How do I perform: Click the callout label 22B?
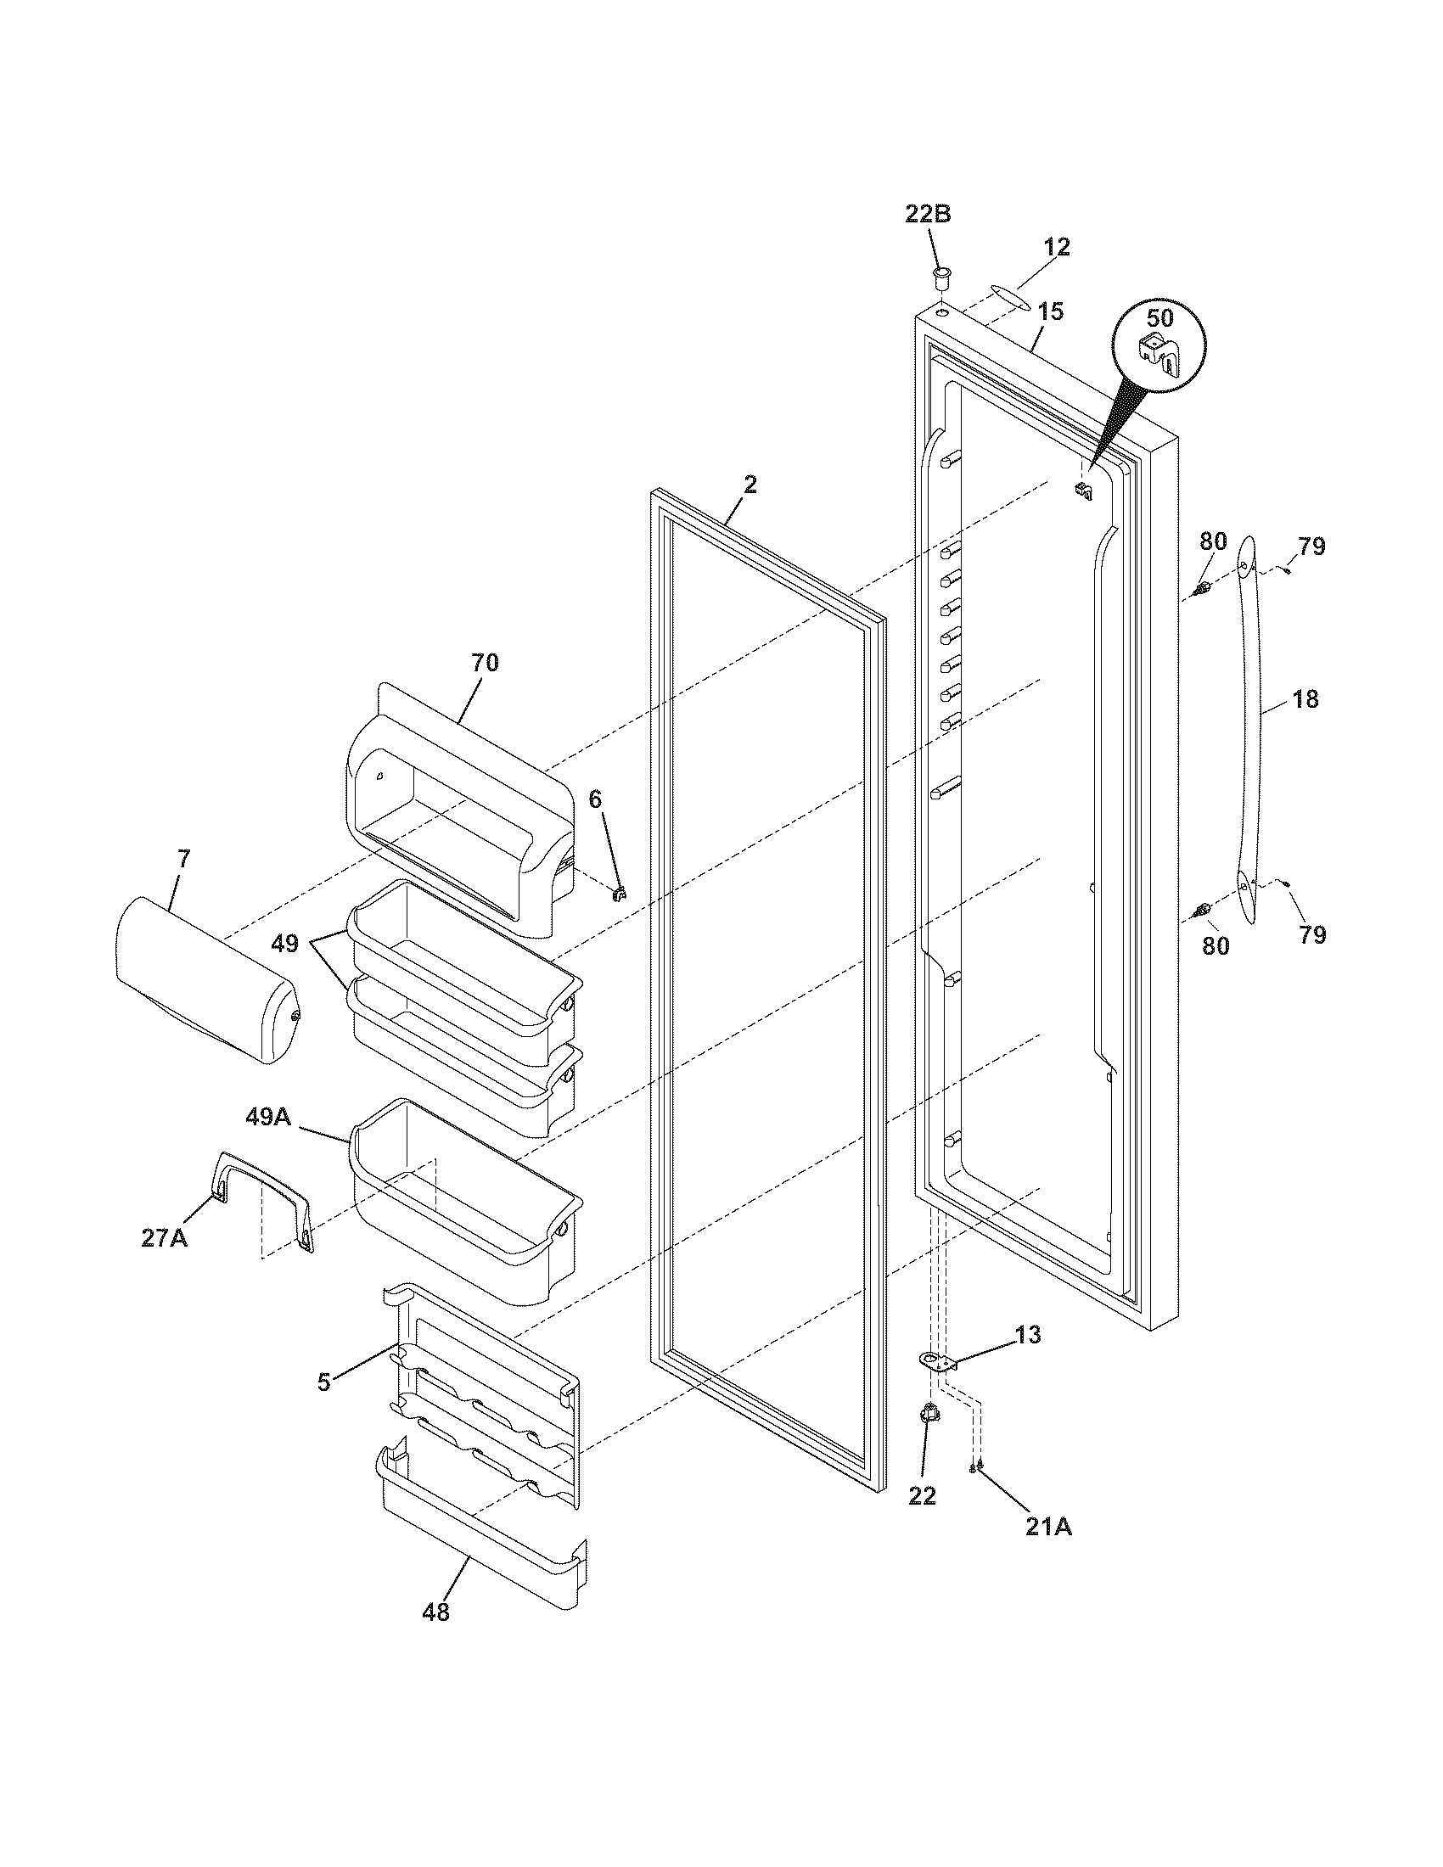pyautogui.click(x=928, y=215)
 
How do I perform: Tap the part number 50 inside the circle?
pyautogui.click(x=1159, y=318)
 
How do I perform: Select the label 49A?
pyautogui.click(x=269, y=1118)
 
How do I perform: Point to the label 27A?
pyautogui.click(x=164, y=1238)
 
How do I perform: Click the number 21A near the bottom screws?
pyautogui.click(x=1048, y=1526)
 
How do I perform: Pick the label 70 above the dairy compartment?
pyautogui.click(x=485, y=663)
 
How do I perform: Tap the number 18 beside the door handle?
pyautogui.click(x=1305, y=699)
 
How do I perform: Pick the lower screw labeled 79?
pyautogui.click(x=1285, y=884)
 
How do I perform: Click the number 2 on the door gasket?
pyautogui.click(x=750, y=485)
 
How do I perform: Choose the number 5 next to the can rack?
pyautogui.click(x=323, y=1382)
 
